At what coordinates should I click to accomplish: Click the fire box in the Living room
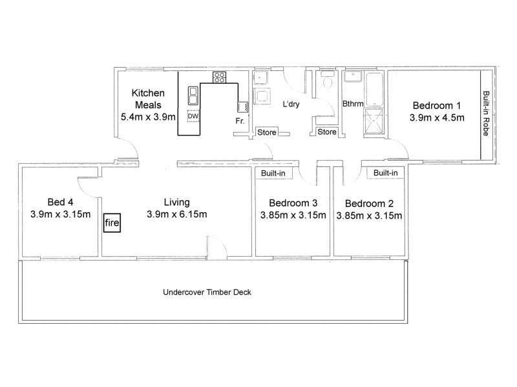111,224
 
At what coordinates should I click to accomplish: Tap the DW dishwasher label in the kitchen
193,116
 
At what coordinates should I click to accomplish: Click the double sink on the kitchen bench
193,96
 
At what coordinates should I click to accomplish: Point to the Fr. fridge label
238,120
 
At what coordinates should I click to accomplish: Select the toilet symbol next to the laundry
327,83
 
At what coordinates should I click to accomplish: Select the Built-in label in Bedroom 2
385,173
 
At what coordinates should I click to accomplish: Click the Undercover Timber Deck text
206,292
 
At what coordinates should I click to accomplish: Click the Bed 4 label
59,201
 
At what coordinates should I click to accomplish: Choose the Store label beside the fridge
266,133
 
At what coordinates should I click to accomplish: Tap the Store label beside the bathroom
327,133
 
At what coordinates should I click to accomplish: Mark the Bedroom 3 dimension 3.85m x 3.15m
293,215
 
